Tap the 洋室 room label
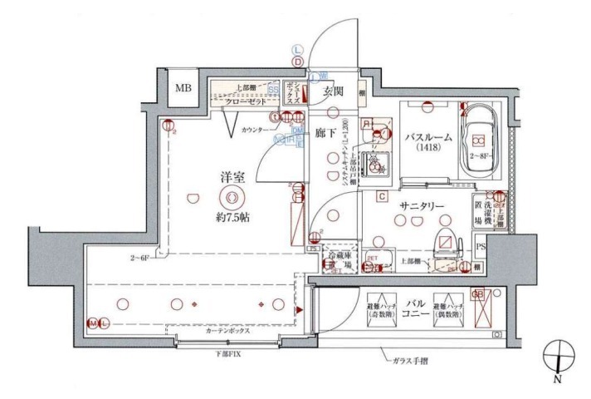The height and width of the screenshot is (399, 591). (232, 176)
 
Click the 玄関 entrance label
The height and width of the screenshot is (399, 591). (334, 90)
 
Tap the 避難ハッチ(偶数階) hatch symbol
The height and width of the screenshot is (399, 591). (446, 311)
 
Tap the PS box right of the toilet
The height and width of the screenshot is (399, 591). (479, 246)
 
